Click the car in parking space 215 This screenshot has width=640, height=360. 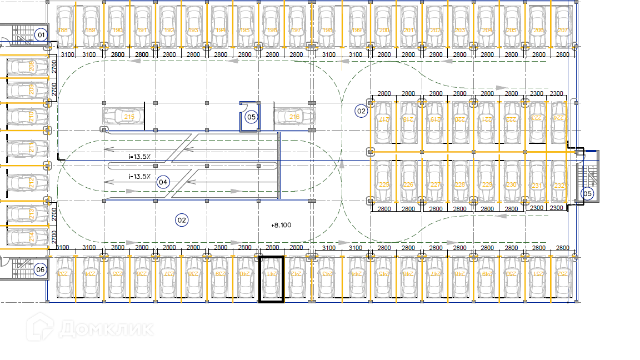click(x=123, y=117)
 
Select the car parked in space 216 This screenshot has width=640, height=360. click(x=294, y=117)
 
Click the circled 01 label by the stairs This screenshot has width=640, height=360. click(x=40, y=35)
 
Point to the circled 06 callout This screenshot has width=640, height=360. click(x=40, y=270)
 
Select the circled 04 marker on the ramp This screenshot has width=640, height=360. click(x=163, y=182)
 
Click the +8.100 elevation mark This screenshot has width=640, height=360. click(x=281, y=225)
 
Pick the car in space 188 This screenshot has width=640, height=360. click(x=65, y=27)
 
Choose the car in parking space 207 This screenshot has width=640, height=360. click(x=563, y=27)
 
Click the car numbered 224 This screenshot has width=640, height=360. click(x=557, y=121)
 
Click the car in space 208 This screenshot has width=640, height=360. click(x=22, y=67)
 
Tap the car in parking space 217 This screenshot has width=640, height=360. click(x=383, y=121)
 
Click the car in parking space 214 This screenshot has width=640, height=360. click(x=22, y=236)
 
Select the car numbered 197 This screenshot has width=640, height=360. click(x=296, y=27)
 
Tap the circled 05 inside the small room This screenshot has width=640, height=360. click(x=251, y=117)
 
